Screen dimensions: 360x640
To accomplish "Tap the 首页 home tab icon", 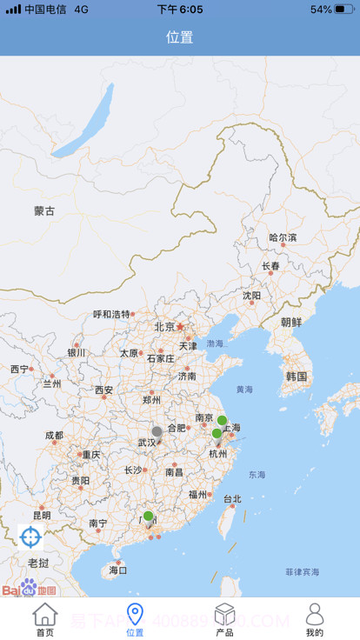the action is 45,615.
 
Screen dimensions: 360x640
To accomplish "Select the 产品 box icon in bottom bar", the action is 224,615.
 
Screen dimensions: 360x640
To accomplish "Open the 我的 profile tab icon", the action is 315,615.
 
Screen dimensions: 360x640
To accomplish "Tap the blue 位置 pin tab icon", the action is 135,615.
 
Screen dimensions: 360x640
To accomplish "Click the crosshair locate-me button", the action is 30,537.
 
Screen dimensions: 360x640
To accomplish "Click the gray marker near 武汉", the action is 157,431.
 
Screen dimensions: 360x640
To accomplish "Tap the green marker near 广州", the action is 148,516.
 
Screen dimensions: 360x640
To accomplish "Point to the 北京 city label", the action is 165,327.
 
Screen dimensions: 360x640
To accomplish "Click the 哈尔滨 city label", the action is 283,237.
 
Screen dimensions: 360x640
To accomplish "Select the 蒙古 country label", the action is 44,210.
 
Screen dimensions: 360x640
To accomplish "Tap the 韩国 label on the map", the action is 297,377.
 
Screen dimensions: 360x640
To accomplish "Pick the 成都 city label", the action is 54,436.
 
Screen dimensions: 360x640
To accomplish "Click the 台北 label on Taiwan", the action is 232,499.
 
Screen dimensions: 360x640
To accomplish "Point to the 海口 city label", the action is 118,570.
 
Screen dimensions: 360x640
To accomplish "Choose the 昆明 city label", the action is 42,516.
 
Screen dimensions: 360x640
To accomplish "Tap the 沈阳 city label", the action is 251,296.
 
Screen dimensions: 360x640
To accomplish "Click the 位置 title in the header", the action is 180,37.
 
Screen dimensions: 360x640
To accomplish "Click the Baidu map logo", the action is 29,589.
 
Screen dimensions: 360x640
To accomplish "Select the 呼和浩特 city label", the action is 111,314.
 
